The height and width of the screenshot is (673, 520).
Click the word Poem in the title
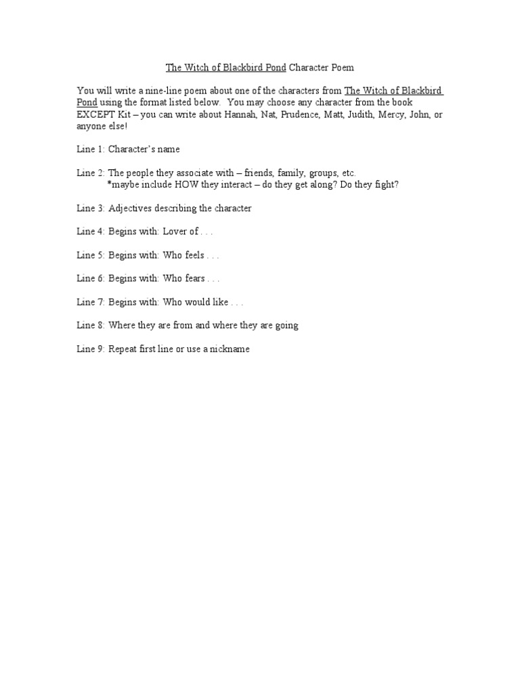(x=342, y=68)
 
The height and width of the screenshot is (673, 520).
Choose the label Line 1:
(x=90, y=149)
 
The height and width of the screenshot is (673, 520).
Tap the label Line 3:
(x=90, y=208)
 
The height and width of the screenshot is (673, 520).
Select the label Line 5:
(x=90, y=255)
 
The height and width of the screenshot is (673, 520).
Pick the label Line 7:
(x=90, y=302)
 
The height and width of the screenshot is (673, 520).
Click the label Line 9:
(x=90, y=349)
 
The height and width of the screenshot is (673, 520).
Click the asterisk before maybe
(x=109, y=183)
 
